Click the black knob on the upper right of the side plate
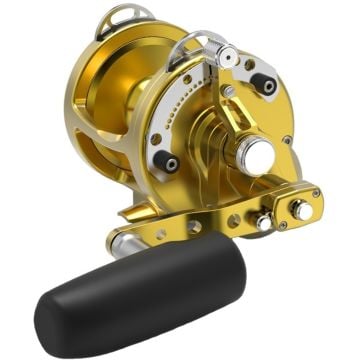(x=266, y=86)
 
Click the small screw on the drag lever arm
(x=229, y=91)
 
